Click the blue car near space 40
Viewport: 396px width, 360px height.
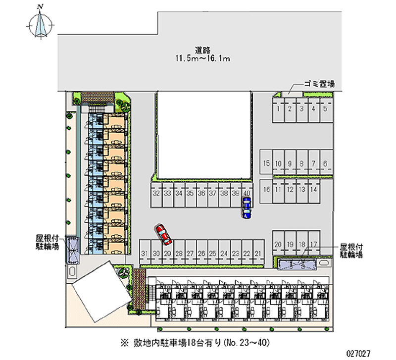246,207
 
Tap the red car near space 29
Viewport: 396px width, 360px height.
163,234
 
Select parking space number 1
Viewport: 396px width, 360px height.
278,110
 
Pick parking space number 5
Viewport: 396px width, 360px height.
326,110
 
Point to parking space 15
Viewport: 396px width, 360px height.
266,162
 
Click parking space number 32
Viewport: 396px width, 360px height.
156,195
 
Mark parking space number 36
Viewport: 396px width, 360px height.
201,195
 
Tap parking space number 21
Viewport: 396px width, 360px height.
258,252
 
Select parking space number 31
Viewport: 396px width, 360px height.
145,252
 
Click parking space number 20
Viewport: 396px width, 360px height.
278,243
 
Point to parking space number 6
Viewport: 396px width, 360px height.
326,162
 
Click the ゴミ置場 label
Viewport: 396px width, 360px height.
319,84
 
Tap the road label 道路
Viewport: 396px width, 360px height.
203,50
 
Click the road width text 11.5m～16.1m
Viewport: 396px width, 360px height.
203,58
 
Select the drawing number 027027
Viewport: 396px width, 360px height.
358,353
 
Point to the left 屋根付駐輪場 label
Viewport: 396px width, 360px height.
47,242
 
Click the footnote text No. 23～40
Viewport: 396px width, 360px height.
247,343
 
